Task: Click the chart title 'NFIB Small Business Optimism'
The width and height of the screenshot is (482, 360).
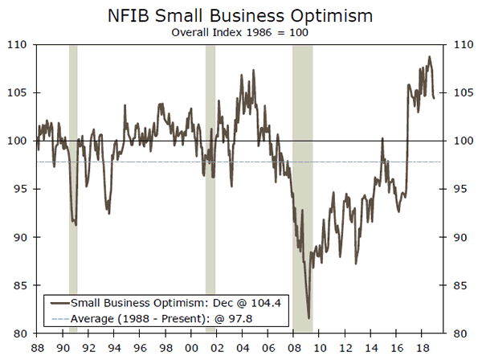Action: (x=242, y=15)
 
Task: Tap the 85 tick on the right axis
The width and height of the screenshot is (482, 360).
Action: (x=461, y=285)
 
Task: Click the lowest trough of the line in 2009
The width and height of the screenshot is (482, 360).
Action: (x=308, y=318)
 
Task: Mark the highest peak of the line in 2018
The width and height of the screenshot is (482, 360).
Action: (x=429, y=57)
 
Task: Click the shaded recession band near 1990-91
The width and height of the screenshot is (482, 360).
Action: (x=73, y=189)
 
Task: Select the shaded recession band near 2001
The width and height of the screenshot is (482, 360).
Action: (x=210, y=189)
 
